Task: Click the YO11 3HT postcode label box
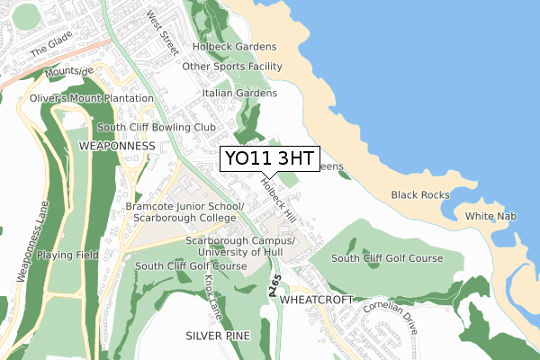269,158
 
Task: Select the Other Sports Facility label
232,67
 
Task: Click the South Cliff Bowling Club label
162,128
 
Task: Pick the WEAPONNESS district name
117,145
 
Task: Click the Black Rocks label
419,195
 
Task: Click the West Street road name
164,30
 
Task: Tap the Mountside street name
68,71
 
